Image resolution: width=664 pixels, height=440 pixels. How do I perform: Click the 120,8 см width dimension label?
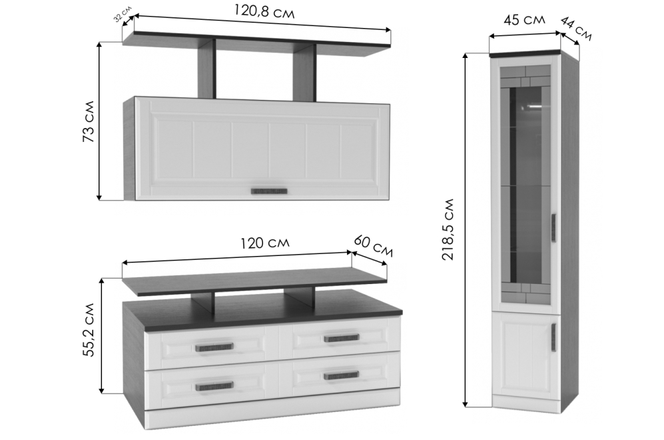[x=264, y=11]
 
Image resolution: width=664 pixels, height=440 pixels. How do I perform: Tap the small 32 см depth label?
[x=123, y=13]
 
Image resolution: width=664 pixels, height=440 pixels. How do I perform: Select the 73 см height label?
[x=89, y=121]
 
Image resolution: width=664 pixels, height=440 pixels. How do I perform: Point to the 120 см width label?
[x=265, y=243]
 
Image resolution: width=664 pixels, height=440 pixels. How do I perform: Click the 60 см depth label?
[x=373, y=246]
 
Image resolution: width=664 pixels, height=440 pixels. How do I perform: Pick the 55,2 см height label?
[x=89, y=329]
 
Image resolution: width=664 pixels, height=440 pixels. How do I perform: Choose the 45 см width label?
[x=524, y=19]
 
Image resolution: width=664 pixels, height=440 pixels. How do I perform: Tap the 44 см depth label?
[x=575, y=29]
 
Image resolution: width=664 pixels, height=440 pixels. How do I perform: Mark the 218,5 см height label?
[x=448, y=229]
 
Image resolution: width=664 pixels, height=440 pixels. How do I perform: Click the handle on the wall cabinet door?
[x=269, y=191]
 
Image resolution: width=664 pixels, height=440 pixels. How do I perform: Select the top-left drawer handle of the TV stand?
[x=214, y=347]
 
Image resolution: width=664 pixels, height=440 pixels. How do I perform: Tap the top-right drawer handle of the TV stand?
[x=341, y=338]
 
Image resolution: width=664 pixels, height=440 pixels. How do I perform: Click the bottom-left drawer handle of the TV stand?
[x=214, y=386]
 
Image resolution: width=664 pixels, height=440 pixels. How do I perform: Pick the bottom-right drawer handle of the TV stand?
[x=341, y=376]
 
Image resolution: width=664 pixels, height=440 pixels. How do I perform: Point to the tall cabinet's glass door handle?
[x=553, y=229]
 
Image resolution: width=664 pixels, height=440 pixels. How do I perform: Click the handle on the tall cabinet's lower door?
[x=553, y=337]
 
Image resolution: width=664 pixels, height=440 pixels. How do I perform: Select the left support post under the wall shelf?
[x=206, y=69]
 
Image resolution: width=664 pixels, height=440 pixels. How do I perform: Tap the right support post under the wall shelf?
[x=304, y=73]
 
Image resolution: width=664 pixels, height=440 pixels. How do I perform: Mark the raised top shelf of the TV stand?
[x=254, y=281]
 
